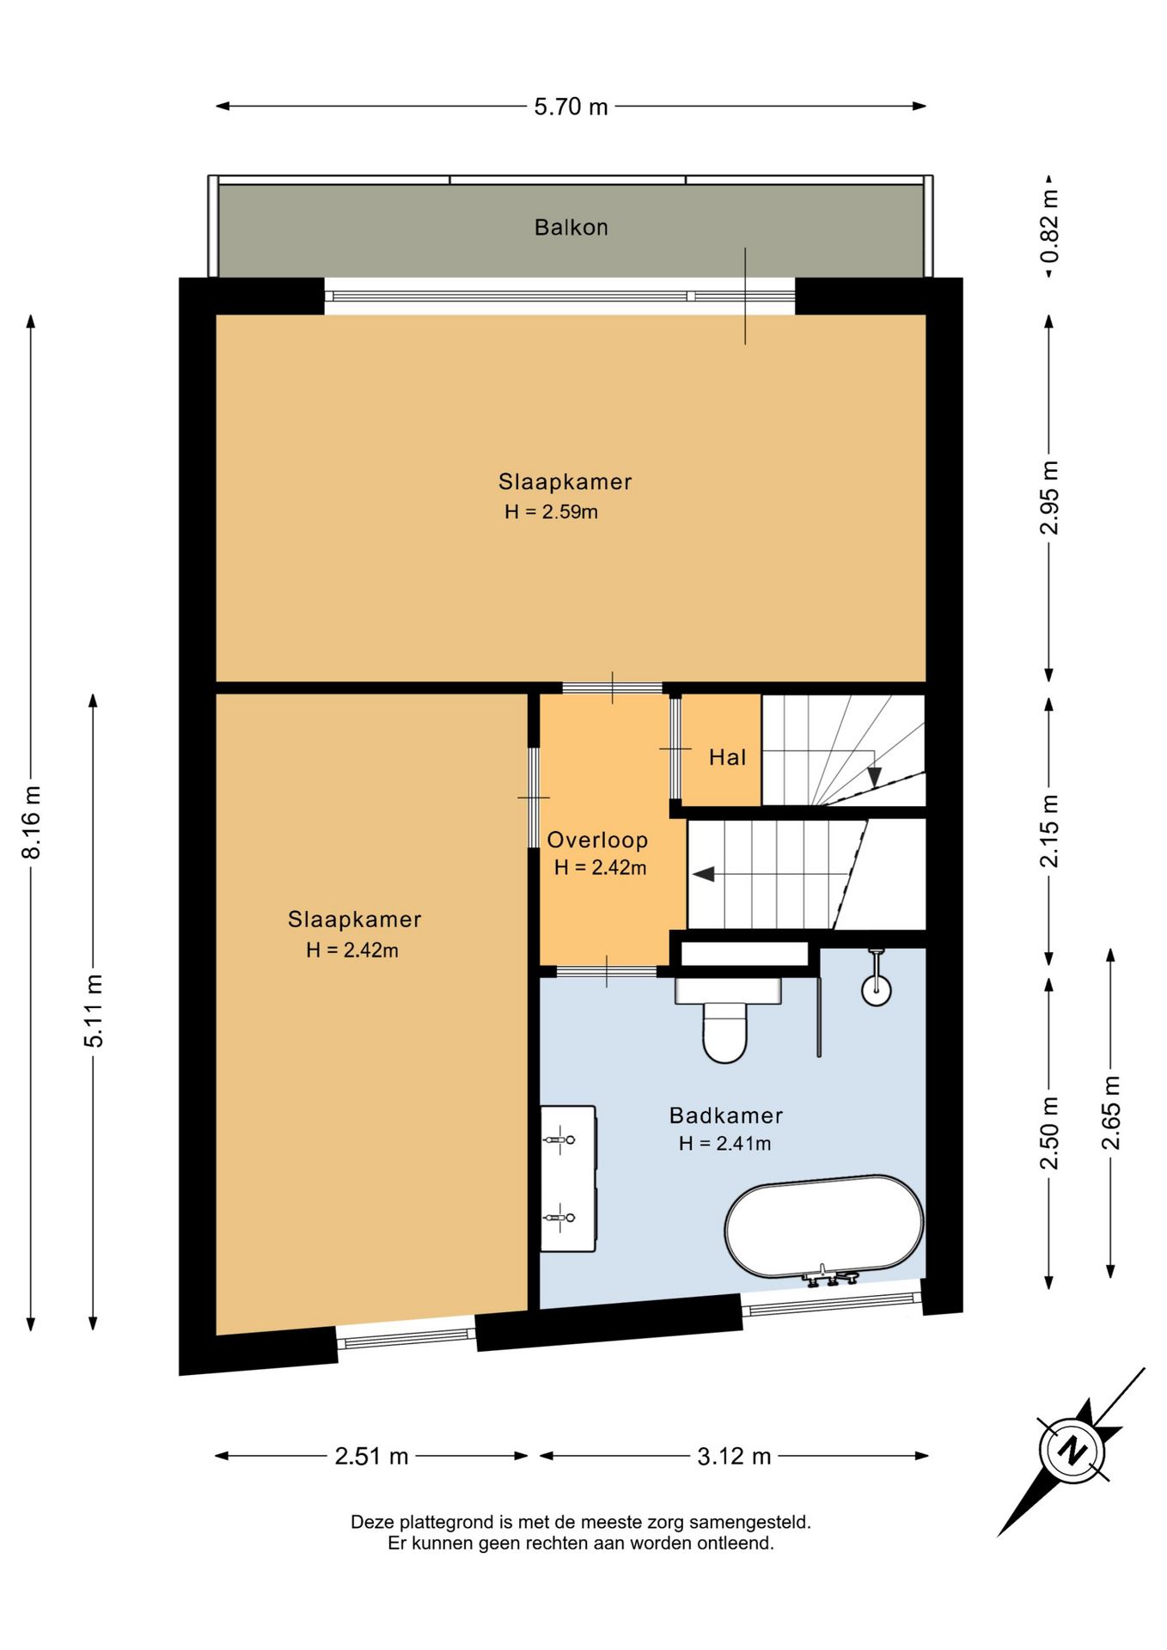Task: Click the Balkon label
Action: (x=571, y=228)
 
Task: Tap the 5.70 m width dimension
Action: (x=571, y=107)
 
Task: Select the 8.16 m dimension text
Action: (x=31, y=822)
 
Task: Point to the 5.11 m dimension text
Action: (x=93, y=1011)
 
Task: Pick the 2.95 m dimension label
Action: (x=1049, y=498)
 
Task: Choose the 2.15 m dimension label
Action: (x=1049, y=831)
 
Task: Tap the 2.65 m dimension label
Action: (x=1111, y=1113)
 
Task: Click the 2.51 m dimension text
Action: (x=371, y=1456)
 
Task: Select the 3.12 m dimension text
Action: (x=734, y=1456)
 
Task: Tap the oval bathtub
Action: (x=824, y=1226)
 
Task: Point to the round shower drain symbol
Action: (x=876, y=990)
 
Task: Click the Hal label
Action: (x=727, y=757)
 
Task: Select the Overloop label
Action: (x=597, y=840)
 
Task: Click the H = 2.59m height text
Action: (x=551, y=511)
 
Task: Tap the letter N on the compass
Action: (x=1072, y=1449)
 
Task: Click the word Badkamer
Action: (x=726, y=1115)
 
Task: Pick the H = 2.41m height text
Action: (x=724, y=1143)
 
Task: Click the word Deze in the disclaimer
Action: (x=373, y=1522)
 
